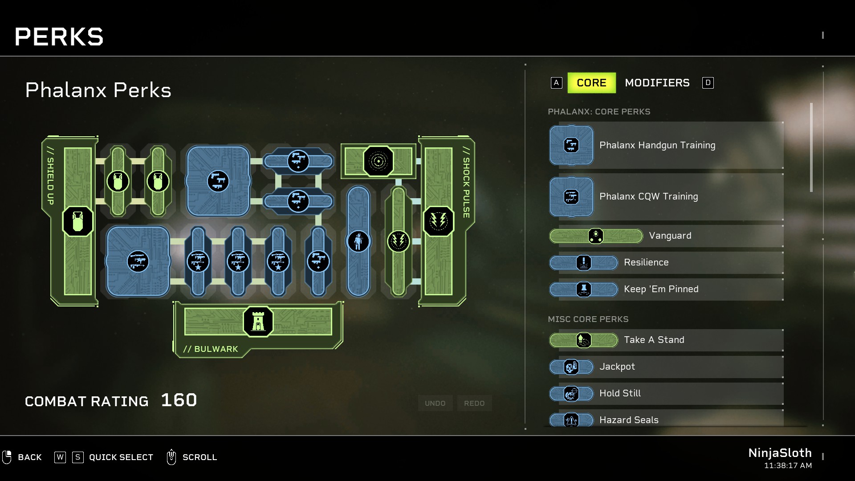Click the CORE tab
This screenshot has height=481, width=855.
coord(591,83)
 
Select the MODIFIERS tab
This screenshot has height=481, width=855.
coord(657,83)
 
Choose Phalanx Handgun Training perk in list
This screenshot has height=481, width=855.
coord(657,145)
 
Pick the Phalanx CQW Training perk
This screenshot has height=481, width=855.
coord(648,196)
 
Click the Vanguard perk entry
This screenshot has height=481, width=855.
coord(670,236)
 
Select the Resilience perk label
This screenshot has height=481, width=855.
coord(646,262)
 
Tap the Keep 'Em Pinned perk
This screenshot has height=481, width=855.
coord(661,289)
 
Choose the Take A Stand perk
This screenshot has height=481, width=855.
coord(654,340)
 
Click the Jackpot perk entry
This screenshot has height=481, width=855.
coord(617,367)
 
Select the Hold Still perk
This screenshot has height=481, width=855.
coord(620,393)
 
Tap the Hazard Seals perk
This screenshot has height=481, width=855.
coord(628,420)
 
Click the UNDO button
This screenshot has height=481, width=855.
coord(435,403)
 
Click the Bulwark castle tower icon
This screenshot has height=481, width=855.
coord(258,321)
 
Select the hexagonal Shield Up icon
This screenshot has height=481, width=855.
coord(78,221)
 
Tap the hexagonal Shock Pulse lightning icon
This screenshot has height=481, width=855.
coord(439,221)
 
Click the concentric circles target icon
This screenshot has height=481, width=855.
coord(379,161)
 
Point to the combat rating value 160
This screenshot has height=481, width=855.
coord(179,400)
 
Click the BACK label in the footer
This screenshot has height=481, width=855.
coord(29,457)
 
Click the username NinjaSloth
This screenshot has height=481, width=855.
coord(780,453)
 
